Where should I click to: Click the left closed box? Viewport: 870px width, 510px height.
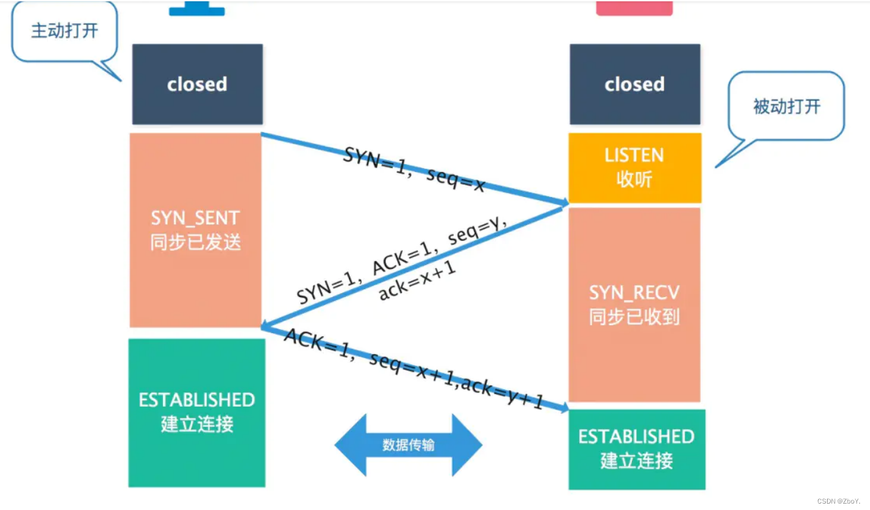(197, 84)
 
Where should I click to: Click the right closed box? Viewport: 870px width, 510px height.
(635, 84)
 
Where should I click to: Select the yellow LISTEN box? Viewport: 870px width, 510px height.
(635, 167)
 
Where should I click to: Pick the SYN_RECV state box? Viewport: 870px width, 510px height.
(635, 304)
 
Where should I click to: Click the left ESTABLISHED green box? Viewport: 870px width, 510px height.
(197, 412)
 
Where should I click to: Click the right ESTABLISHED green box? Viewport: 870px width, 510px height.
(636, 449)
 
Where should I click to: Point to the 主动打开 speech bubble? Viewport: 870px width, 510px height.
(64, 31)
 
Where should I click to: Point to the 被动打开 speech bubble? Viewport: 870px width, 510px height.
(787, 106)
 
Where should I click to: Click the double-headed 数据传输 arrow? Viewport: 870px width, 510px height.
(408, 445)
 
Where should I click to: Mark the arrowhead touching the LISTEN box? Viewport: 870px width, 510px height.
(563, 203)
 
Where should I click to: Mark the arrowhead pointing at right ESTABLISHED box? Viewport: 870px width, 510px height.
(563, 408)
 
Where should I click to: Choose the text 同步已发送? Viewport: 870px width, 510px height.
(196, 243)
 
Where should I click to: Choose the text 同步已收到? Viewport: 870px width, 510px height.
(635, 317)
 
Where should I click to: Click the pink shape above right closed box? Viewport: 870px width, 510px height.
(635, 8)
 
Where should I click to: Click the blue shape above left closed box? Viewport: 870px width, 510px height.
(197, 9)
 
